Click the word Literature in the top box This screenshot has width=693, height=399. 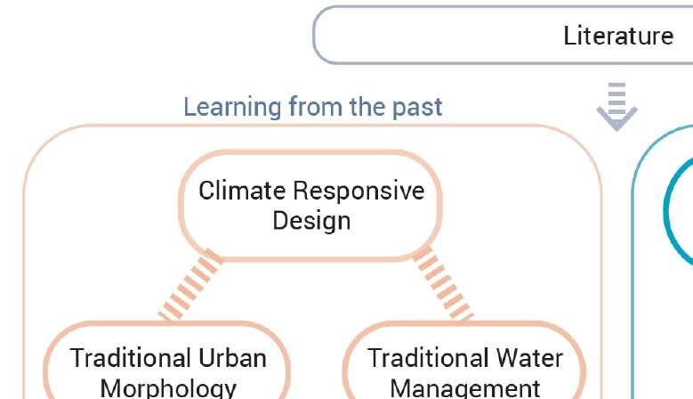618,36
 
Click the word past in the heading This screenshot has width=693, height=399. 415,107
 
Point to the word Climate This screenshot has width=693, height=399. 243,191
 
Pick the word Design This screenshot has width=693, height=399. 311,220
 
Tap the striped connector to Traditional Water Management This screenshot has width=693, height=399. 442,285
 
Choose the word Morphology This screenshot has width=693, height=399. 168,388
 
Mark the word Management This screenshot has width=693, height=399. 465,388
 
